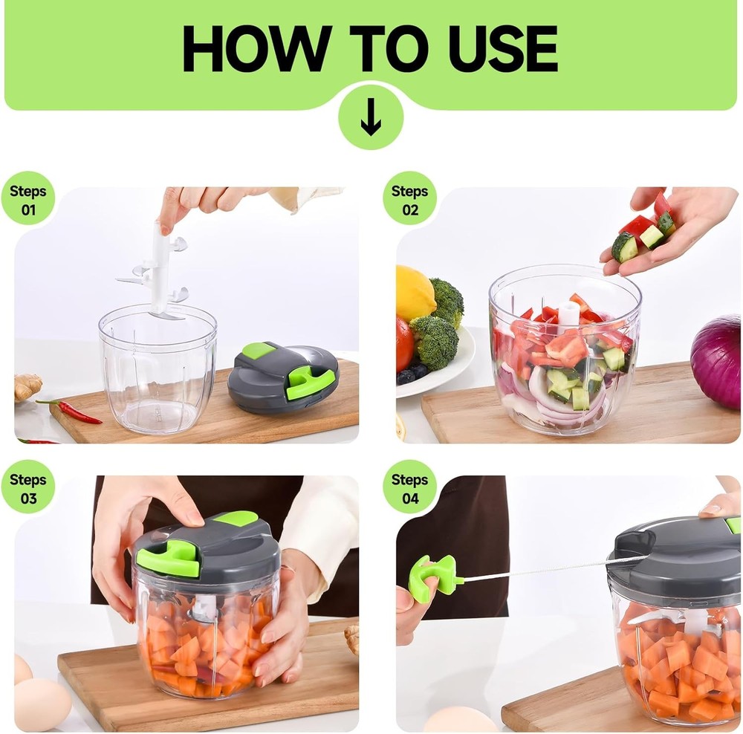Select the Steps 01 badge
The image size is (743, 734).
pos(27,199)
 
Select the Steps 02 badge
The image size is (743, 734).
pos(410,199)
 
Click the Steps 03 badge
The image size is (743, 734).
pos(27,488)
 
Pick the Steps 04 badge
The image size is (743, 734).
pos(410,488)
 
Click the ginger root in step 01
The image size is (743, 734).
pos(27,387)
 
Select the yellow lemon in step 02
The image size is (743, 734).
pos(414,293)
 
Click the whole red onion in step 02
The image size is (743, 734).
pos(718,361)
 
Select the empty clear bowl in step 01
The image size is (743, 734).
pos(158,371)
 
